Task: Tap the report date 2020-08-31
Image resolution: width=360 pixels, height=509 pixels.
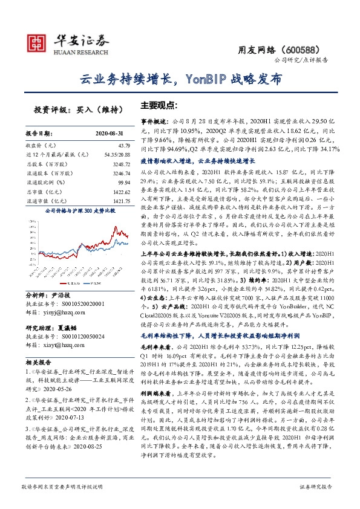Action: [x=112, y=134]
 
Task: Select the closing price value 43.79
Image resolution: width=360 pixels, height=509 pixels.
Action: [x=124, y=146]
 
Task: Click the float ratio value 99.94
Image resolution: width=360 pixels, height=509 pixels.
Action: [x=123, y=181]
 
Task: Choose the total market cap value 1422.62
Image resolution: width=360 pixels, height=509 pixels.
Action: [x=120, y=190]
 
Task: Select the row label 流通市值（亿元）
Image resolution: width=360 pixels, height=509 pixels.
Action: [x=45, y=199]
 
